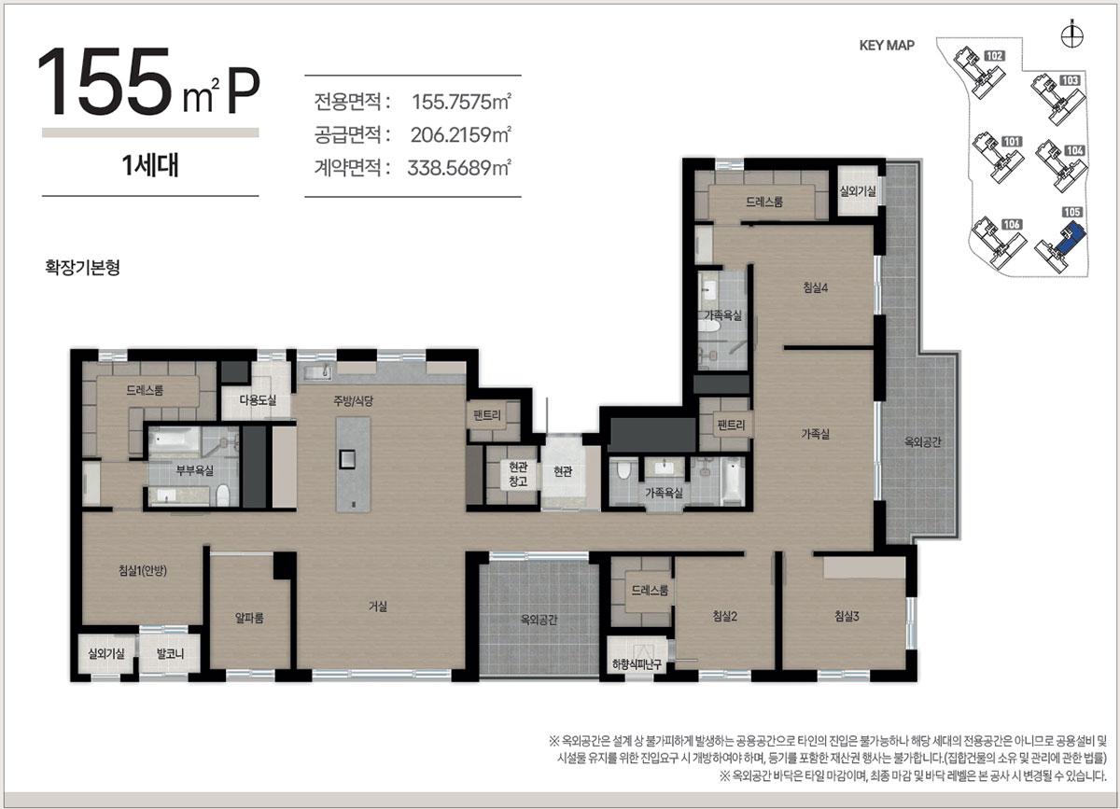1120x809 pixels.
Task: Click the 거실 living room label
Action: (377, 607)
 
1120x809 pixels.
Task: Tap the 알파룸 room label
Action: (249, 618)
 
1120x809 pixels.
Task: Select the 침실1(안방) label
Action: (143, 570)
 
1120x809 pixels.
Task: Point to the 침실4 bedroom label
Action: (816, 287)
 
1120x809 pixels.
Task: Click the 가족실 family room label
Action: (815, 434)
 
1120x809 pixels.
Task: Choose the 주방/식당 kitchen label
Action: (354, 401)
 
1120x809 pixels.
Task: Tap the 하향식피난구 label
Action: (637, 664)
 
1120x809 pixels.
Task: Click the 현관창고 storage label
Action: (518, 474)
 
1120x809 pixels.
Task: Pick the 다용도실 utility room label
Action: (258, 400)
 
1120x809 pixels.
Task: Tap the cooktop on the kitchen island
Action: (347, 458)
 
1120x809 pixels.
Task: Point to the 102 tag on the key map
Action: (995, 56)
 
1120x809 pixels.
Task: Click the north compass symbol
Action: (1072, 35)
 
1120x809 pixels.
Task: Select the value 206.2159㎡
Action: (460, 134)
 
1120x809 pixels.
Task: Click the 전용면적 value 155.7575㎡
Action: (461, 102)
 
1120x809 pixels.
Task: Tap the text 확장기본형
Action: (82, 268)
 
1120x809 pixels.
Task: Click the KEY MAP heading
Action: (887, 46)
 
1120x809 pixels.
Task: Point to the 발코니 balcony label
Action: (170, 653)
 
